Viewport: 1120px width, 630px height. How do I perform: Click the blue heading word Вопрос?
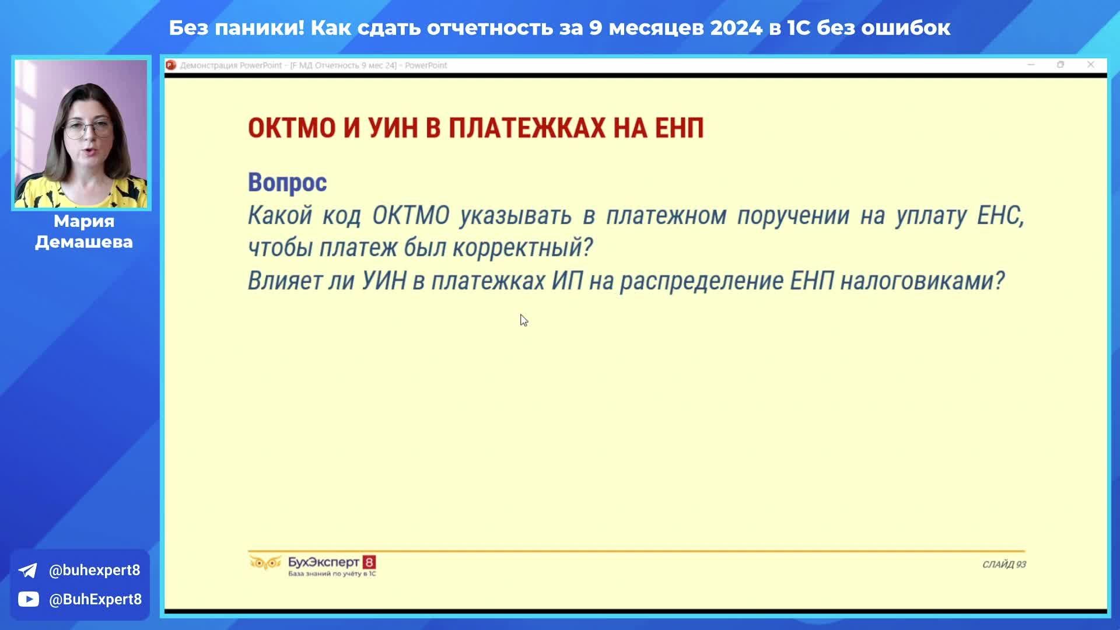287,183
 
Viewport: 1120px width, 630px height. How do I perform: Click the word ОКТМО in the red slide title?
292,128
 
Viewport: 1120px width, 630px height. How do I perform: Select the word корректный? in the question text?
523,247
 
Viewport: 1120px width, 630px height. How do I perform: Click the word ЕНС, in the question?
1000,216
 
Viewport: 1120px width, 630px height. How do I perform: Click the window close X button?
1091,65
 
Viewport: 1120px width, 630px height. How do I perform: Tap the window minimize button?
1031,65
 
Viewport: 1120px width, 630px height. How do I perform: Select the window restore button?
1060,65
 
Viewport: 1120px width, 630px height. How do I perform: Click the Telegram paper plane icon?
27,570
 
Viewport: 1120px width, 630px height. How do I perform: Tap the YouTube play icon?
28,599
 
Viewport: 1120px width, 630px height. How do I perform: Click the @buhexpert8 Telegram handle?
94,570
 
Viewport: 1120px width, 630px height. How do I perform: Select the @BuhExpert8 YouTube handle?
95,600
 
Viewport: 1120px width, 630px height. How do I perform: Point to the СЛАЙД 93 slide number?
1004,565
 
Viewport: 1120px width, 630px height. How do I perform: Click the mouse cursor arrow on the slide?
524,320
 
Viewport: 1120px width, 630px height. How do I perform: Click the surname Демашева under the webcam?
84,242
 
